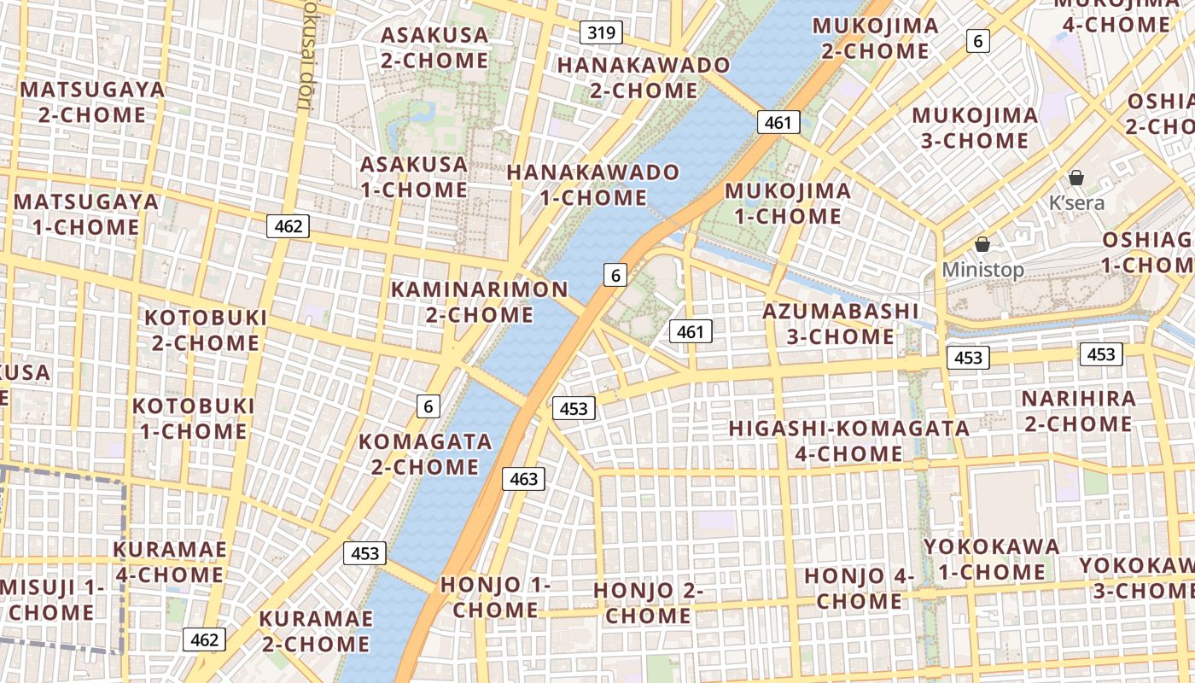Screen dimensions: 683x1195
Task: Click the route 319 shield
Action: click(x=601, y=33)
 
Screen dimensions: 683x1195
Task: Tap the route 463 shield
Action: click(x=523, y=479)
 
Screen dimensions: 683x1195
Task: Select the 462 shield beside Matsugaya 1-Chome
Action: click(x=288, y=226)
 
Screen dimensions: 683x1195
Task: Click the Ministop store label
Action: click(x=982, y=270)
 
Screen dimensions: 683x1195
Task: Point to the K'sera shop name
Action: click(x=1076, y=203)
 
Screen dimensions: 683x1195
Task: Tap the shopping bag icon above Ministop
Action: click(x=982, y=244)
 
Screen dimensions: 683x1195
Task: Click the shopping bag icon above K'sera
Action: click(x=1076, y=178)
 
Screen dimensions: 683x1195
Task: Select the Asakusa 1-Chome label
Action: click(x=414, y=177)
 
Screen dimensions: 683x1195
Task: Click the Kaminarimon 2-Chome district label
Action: click(x=479, y=302)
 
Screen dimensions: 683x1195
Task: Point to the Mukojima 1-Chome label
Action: click(x=788, y=203)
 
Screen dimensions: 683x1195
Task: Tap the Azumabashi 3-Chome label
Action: click(x=840, y=324)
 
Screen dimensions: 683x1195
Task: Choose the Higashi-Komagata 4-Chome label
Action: click(x=848, y=441)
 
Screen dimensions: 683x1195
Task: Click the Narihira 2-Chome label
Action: click(x=1078, y=411)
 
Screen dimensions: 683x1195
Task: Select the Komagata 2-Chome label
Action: click(x=425, y=454)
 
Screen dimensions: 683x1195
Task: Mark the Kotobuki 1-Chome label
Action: click(x=194, y=418)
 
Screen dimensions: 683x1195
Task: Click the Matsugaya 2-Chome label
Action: click(x=92, y=102)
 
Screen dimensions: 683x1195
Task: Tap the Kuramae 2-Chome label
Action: click(x=316, y=631)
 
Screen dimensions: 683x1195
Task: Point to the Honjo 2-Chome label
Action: click(x=649, y=603)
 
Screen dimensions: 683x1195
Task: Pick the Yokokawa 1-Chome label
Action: click(x=991, y=559)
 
